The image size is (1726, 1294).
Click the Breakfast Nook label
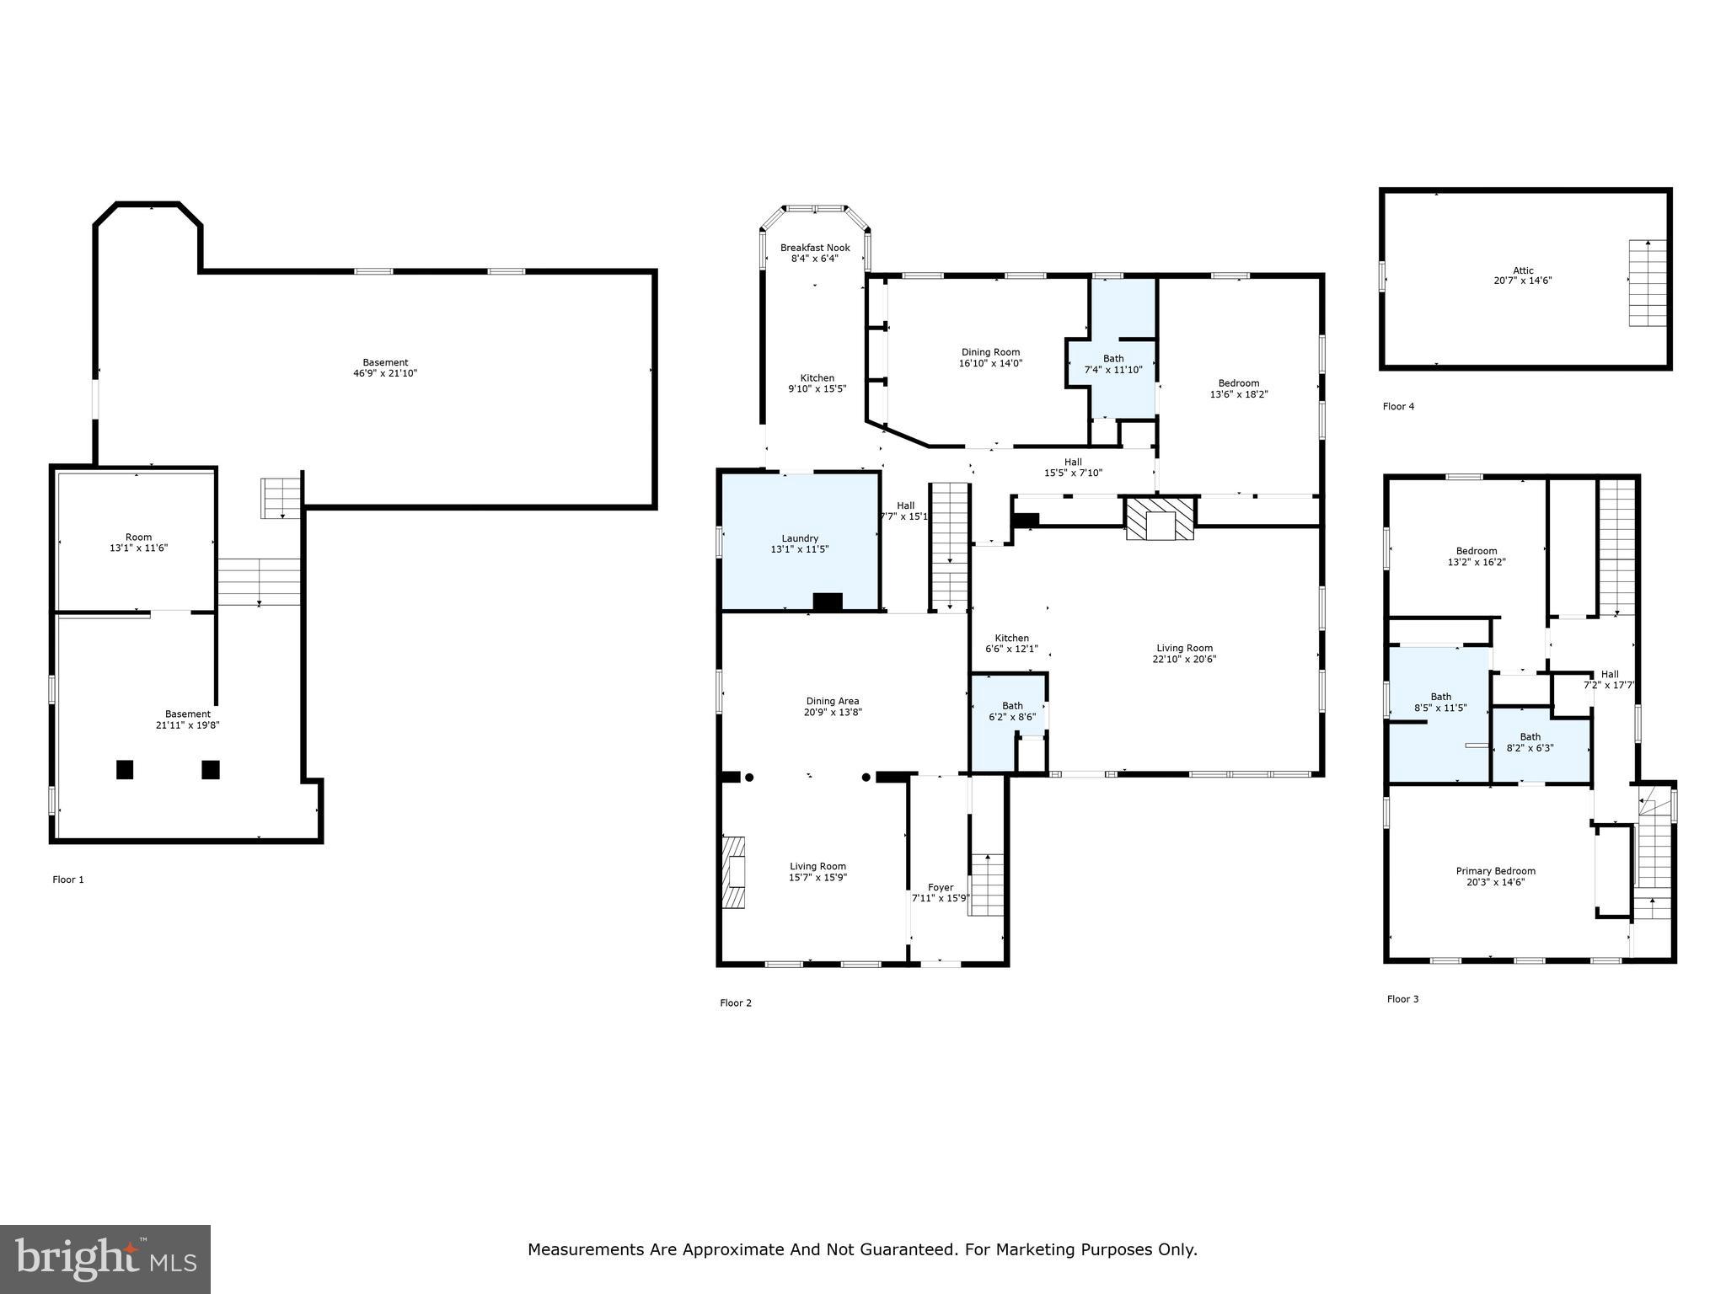(x=814, y=253)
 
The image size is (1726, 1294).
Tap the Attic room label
(x=1522, y=275)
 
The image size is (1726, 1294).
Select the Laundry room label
(x=799, y=543)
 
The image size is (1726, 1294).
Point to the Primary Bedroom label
(x=1495, y=876)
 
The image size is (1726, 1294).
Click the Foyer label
(x=941, y=892)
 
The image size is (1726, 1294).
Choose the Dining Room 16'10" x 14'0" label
(x=990, y=357)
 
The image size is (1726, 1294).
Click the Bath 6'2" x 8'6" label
(x=1011, y=711)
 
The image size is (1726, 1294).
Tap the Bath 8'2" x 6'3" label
(x=1530, y=742)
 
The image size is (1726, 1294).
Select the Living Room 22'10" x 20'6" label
(x=1184, y=654)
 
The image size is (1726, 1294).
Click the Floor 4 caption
(x=1398, y=407)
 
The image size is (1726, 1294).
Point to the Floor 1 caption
(x=68, y=880)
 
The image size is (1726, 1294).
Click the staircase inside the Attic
(x=1648, y=283)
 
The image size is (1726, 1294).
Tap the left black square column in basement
(x=125, y=769)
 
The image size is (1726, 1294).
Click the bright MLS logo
(x=105, y=1259)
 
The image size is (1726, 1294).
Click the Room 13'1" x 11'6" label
(x=138, y=542)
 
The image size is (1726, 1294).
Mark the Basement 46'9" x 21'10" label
(x=385, y=367)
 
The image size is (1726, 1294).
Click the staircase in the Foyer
(x=987, y=885)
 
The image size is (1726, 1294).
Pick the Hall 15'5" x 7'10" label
(x=1072, y=468)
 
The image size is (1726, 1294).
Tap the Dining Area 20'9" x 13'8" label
(x=832, y=706)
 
